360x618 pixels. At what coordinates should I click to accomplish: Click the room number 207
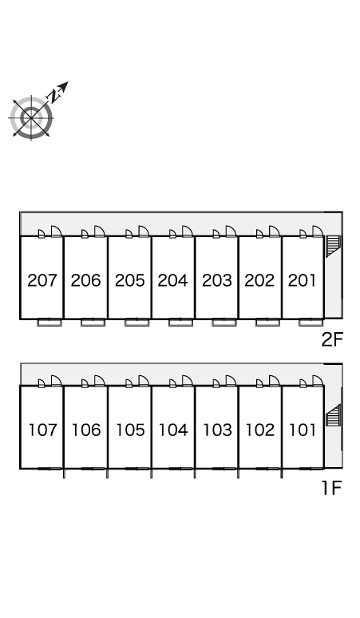[x=42, y=280]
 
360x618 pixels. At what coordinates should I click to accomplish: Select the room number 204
[x=173, y=280]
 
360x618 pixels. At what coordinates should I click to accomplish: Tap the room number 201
[x=302, y=280]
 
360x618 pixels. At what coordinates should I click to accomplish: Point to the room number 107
[x=43, y=430]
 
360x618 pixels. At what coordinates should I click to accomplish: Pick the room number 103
[x=217, y=430]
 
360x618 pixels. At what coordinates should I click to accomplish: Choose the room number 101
[x=303, y=430]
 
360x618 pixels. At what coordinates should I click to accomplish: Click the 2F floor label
[x=332, y=339]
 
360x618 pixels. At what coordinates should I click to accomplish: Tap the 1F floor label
[x=331, y=488]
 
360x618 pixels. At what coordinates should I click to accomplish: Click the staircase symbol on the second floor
[x=333, y=246]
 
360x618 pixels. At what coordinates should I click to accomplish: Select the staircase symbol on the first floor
[x=333, y=415]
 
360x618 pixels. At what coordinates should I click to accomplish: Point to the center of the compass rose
[x=31, y=117]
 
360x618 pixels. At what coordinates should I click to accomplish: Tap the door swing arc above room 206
[x=100, y=232]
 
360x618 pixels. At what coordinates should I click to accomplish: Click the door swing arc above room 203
[x=231, y=232]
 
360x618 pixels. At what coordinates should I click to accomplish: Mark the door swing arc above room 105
[x=144, y=381]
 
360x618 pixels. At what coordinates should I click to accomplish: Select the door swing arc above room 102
[x=275, y=381]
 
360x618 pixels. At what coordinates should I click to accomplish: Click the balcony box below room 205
[x=137, y=323]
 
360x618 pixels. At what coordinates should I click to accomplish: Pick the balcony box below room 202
[x=268, y=323]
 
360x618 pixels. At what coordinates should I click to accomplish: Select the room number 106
[x=86, y=430]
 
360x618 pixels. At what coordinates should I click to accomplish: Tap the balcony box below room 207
[x=49, y=323]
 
